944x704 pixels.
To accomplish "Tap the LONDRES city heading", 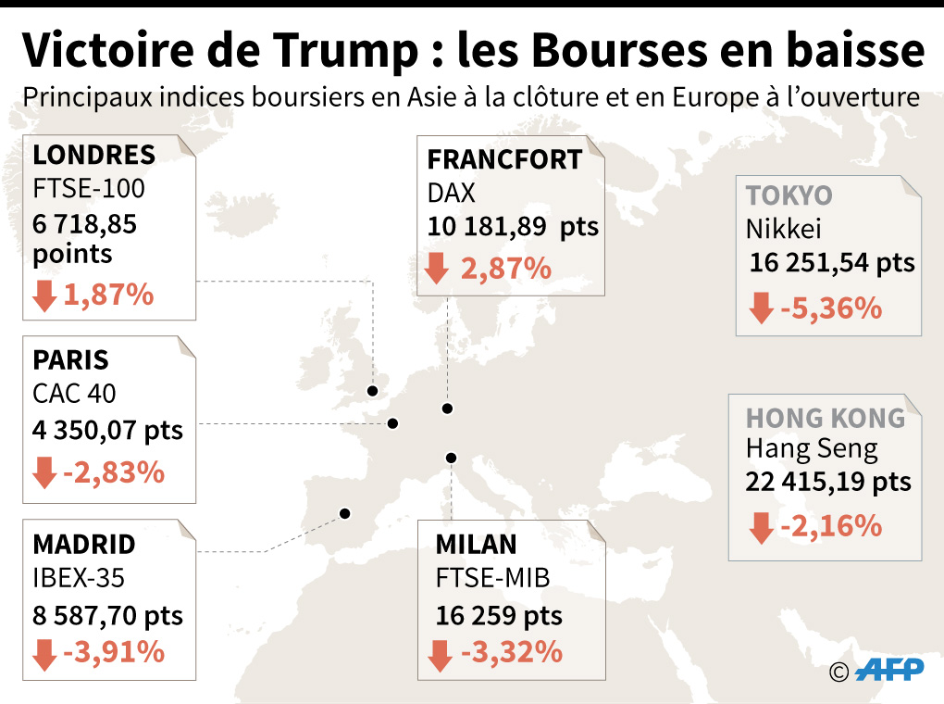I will [x=93, y=154].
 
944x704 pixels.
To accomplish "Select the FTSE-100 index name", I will [x=89, y=189].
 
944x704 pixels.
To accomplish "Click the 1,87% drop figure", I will [x=107, y=295].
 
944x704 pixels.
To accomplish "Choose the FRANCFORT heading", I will [x=504, y=159].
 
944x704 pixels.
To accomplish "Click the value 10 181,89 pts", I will [x=513, y=227].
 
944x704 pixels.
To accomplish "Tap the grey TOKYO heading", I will [x=789, y=196].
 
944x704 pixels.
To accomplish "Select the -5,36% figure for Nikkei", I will [x=831, y=308].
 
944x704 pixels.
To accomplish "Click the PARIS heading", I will [x=70, y=359].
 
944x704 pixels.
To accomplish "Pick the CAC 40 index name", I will [x=74, y=394].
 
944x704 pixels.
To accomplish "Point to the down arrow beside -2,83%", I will [x=43, y=473].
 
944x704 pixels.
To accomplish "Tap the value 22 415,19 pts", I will [x=828, y=482].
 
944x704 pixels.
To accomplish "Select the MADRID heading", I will [x=84, y=544].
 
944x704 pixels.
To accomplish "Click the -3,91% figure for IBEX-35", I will [x=113, y=652].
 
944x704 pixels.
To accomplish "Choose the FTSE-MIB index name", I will [x=492, y=579].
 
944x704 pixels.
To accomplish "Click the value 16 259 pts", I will [x=499, y=616].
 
